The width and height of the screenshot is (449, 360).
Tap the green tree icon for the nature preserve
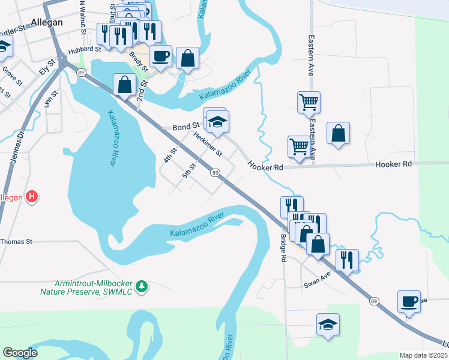point(142,286)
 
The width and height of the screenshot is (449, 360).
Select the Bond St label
point(185,127)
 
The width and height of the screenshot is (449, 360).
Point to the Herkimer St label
point(208,145)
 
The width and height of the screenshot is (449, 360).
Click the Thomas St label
point(16,241)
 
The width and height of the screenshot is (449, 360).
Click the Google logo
point(20,353)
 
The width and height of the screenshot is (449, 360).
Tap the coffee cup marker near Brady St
point(160,56)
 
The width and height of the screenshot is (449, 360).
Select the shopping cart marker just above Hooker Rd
point(299,146)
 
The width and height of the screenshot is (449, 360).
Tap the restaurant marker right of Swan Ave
point(347,260)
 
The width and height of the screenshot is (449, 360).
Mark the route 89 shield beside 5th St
point(215,173)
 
